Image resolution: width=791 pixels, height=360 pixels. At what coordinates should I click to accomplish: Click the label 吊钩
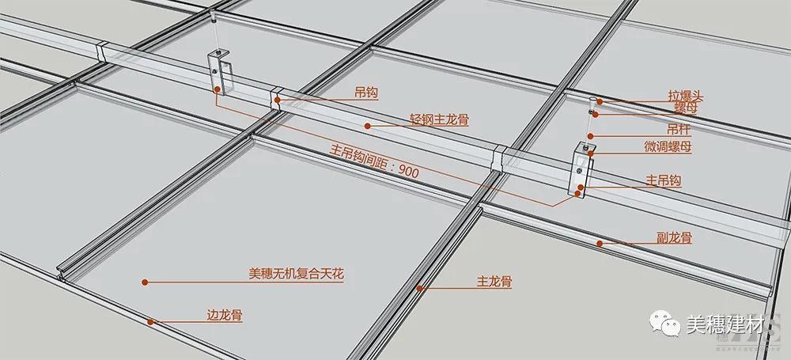(367, 93)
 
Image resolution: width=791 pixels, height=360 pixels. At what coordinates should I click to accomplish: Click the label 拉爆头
(686, 96)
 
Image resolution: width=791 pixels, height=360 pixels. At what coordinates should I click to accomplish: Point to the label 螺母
(686, 108)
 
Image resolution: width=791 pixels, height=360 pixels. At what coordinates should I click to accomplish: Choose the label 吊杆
(678, 130)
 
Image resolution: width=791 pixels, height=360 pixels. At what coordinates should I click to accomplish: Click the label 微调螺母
(668, 147)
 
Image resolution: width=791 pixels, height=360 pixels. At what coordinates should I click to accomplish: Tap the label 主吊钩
(664, 180)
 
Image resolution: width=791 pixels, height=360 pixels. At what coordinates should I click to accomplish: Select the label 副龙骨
(674, 238)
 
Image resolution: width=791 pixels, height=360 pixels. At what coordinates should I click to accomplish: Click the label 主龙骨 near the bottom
(494, 282)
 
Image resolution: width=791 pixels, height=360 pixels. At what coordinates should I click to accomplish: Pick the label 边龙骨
(225, 316)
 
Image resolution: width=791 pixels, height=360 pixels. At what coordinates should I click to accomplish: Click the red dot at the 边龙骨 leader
(149, 322)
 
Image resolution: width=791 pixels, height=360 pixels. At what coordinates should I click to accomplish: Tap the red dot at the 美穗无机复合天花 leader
(145, 282)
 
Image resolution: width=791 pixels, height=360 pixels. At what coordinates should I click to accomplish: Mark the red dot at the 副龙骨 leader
(600, 244)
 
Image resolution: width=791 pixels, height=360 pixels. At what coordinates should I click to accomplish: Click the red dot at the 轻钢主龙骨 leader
(368, 126)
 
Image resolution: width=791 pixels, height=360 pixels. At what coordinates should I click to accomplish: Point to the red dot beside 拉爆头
(600, 101)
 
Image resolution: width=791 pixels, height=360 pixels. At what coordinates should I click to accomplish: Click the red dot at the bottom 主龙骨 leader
(419, 288)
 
